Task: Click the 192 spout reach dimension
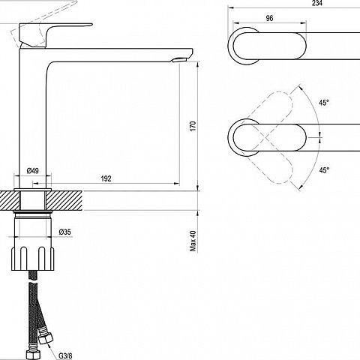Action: tap(106, 178)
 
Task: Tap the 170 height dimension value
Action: tap(193, 126)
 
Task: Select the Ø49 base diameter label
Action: tap(33, 171)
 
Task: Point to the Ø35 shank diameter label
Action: tap(65, 232)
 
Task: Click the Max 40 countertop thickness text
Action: tap(193, 241)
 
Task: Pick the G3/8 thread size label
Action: tap(65, 355)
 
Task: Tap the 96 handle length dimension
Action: tap(269, 18)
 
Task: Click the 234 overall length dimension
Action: tap(317, 3)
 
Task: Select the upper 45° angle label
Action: tap(324, 103)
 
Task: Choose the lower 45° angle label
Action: tap(324, 170)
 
